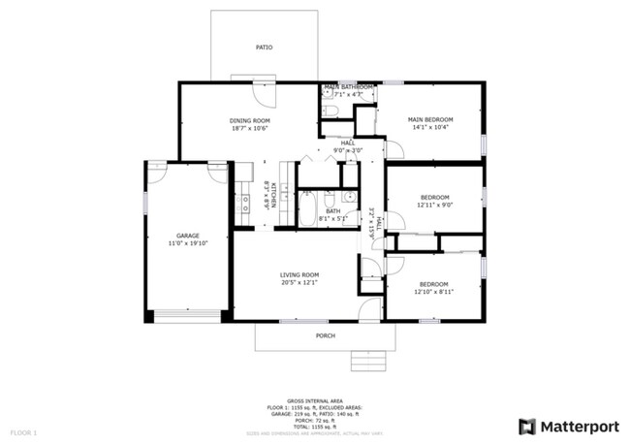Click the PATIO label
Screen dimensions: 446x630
(264, 47)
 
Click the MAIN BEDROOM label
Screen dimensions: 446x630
(430, 119)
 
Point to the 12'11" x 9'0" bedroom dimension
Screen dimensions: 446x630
(434, 205)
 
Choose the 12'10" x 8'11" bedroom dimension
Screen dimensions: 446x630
(433, 292)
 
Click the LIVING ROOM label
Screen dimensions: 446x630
(299, 275)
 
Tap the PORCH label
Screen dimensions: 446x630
(326, 335)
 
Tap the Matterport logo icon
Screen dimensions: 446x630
(526, 426)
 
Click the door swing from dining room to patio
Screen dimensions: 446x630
(264, 90)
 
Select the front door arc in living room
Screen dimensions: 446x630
(368, 310)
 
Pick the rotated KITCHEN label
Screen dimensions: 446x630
(273, 196)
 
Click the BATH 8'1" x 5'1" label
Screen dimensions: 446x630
(333, 214)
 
